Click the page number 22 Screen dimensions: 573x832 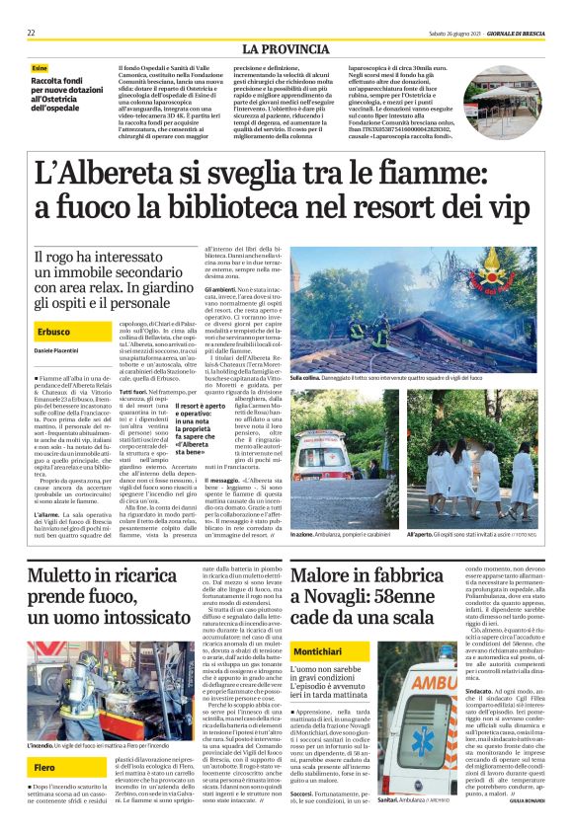pyautogui.click(x=32, y=33)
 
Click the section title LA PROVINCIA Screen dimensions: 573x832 pyautogui.click(x=286, y=48)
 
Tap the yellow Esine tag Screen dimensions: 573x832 pyautogui.click(x=39, y=67)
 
